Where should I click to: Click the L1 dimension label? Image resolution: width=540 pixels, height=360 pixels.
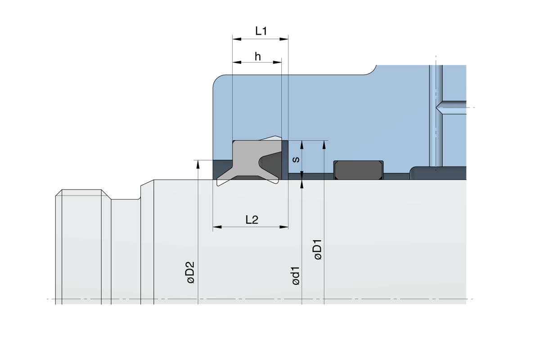261,31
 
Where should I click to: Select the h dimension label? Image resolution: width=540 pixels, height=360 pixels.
258,56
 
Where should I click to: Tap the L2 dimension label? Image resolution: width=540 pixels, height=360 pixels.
252,220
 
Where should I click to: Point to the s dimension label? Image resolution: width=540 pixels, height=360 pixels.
296,159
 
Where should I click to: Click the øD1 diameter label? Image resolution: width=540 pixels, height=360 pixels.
318,249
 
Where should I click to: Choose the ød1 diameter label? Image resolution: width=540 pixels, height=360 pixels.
296,276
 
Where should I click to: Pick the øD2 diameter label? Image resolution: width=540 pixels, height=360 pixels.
191,272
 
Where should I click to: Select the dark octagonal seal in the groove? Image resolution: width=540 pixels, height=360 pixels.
359,170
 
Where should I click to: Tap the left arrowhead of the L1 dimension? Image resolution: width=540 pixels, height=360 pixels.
237,39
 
